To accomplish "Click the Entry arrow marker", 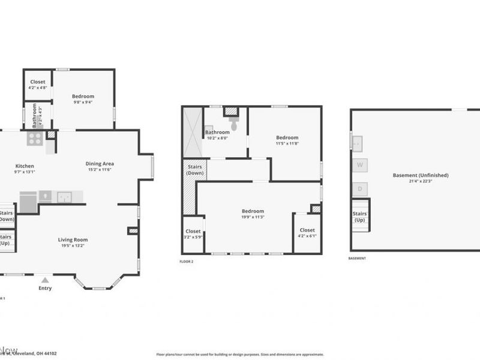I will [x=45, y=280].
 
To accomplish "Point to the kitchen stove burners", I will [x=34, y=139].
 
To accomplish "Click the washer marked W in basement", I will [x=360, y=164].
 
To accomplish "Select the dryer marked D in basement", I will [x=360, y=189].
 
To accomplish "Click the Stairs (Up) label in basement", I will [x=359, y=217].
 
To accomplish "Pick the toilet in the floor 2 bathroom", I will [x=233, y=125].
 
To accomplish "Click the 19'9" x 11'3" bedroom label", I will [x=253, y=214].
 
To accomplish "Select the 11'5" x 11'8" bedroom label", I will [x=287, y=140].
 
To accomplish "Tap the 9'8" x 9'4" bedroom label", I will [x=83, y=99].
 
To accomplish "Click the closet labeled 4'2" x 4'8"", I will [x=38, y=85].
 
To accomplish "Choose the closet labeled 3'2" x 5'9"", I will [x=193, y=234].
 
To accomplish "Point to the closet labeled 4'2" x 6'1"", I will [x=307, y=233].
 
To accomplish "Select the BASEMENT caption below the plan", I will [x=357, y=258].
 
